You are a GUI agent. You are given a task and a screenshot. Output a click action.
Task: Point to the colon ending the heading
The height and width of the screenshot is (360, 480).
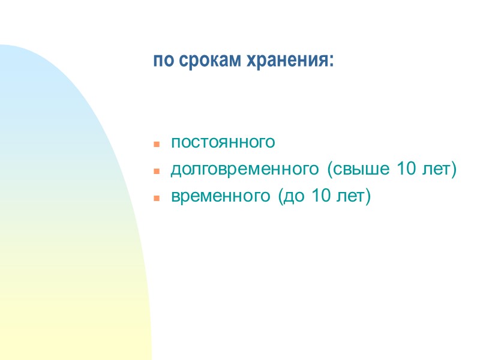[331, 62]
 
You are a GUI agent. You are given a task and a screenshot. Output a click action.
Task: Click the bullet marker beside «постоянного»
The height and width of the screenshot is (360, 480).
[156, 145]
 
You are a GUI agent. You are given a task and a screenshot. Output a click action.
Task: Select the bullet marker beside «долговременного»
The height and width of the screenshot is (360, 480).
[156, 171]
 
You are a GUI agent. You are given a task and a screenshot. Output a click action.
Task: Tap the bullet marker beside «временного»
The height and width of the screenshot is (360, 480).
[156, 197]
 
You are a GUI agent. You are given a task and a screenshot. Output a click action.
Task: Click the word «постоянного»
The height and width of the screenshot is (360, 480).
[223, 143]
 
